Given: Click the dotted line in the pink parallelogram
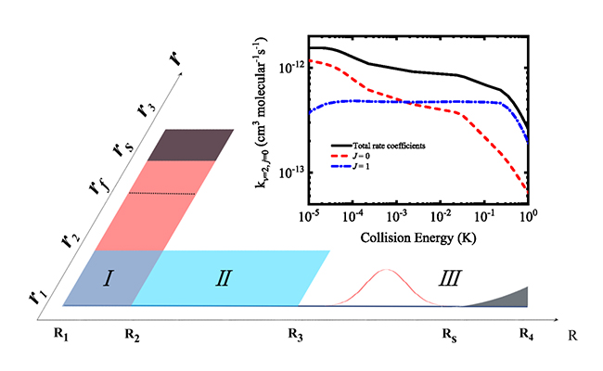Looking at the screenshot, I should (x=161, y=193).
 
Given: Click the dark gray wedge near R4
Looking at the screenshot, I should (x=513, y=297).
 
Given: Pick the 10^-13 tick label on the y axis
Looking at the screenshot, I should (x=291, y=173).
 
